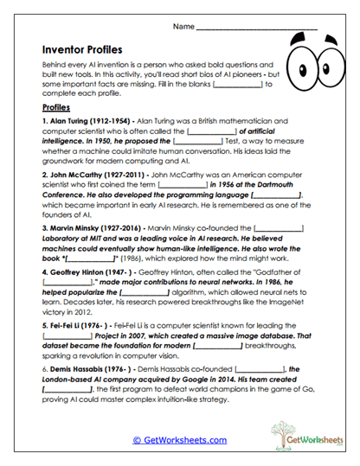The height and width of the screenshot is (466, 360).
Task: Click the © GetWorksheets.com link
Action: (180, 440)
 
